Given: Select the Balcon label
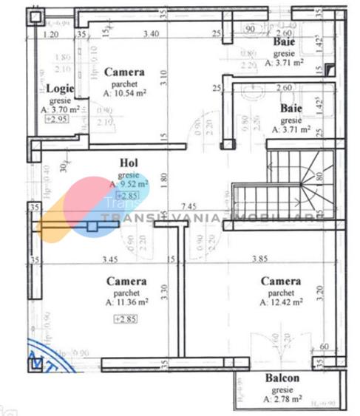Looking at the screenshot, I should (282, 378).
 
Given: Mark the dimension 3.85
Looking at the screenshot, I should (279, 259).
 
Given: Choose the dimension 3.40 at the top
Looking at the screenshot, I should (151, 33).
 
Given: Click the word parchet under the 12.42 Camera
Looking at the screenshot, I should (281, 292).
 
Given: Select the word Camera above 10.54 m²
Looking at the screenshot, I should (124, 72).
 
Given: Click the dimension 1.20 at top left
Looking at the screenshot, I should (51, 34).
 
